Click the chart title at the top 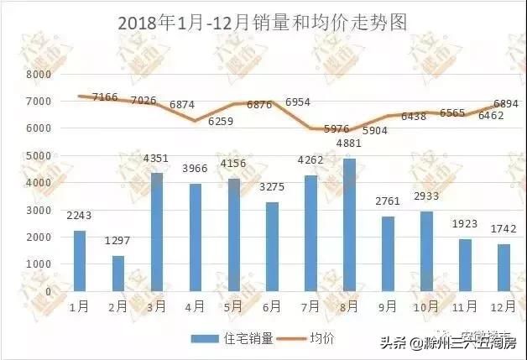click(263, 23)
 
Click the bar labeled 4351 click(155, 232)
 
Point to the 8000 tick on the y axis click(38, 75)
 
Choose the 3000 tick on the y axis click(38, 210)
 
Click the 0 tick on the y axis click(48, 291)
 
